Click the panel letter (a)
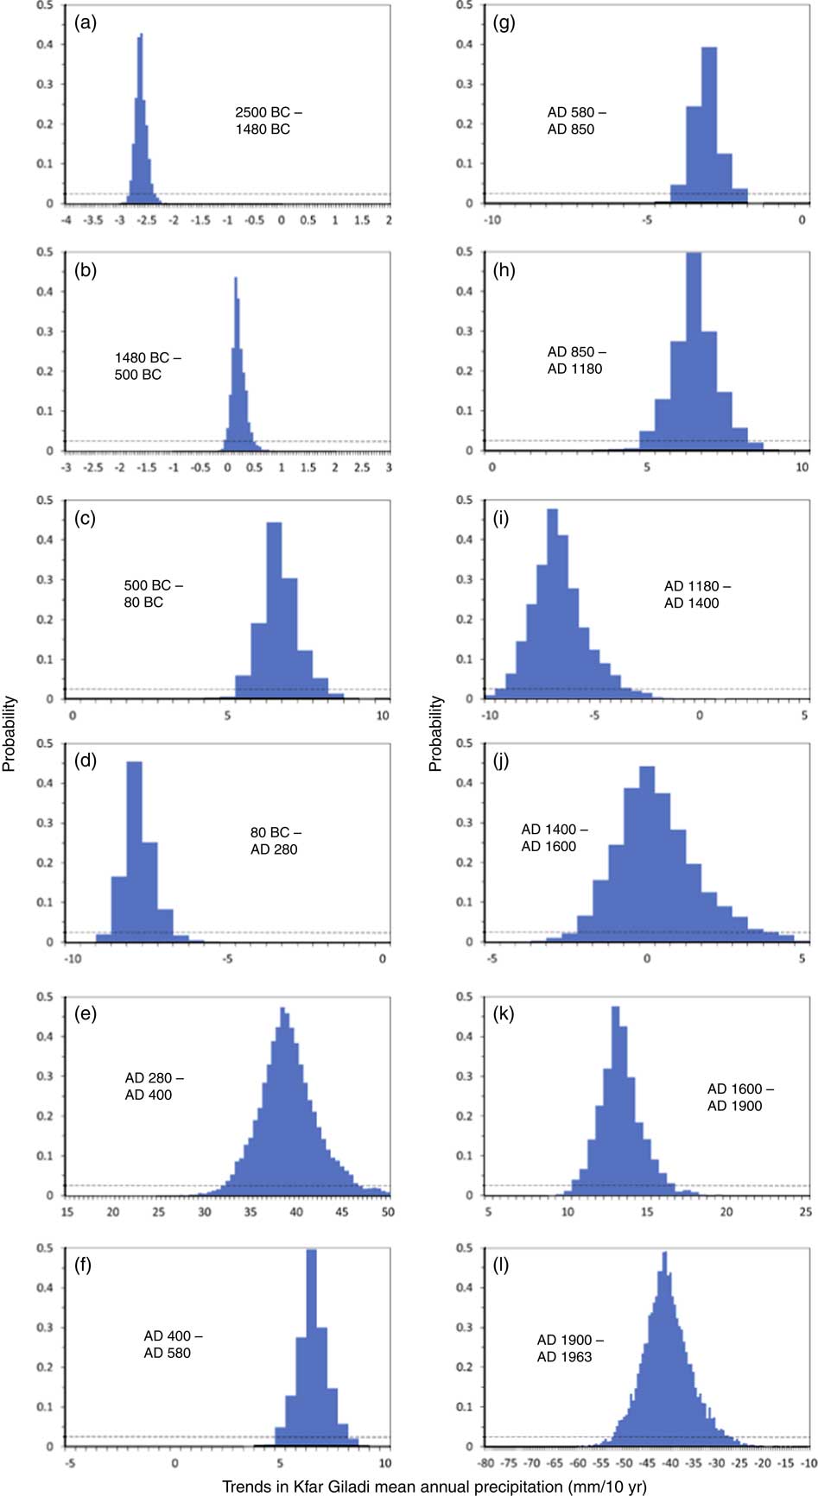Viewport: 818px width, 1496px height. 86,23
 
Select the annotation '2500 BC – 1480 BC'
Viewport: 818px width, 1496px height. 268,121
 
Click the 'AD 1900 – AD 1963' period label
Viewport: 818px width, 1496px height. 570,1348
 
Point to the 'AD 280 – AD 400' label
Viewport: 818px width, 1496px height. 154,1086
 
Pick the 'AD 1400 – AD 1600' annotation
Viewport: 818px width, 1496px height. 554,837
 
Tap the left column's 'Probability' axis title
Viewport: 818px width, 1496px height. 10,733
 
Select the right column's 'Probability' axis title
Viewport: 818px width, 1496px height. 435,733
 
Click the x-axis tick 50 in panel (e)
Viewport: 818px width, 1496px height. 388,1212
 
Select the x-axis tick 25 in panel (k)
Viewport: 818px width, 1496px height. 805,1212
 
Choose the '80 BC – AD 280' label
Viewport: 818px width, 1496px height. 275,841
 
